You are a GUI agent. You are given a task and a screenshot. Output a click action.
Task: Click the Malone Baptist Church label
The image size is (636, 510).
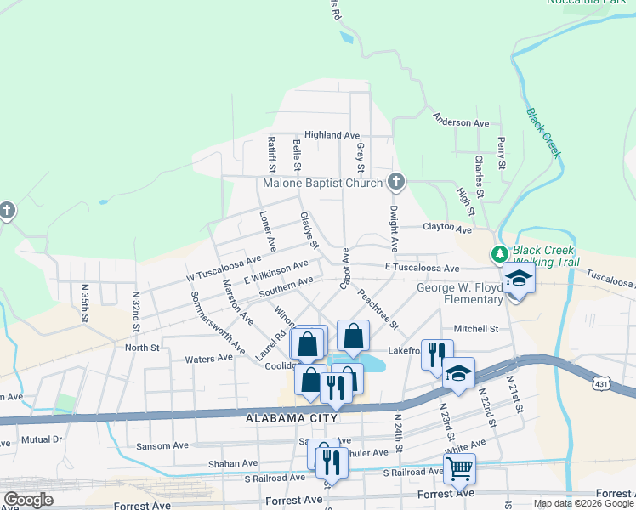click(x=323, y=183)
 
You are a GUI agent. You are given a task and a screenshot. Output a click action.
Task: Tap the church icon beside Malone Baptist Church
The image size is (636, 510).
click(x=395, y=181)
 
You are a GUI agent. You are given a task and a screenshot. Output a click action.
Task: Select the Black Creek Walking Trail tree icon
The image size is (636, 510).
click(x=499, y=254)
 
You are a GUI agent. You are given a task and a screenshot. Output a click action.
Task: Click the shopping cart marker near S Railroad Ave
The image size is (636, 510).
click(x=459, y=467)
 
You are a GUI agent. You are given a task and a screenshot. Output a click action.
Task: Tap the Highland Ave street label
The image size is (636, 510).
click(x=332, y=135)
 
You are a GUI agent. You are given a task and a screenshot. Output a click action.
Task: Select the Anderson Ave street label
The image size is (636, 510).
click(x=461, y=122)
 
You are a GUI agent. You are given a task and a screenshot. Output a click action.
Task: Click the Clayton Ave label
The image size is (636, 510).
click(x=447, y=229)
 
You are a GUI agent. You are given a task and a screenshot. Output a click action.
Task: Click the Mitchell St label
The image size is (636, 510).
click(x=475, y=329)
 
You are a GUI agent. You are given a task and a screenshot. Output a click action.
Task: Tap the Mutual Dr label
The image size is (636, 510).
click(x=43, y=439)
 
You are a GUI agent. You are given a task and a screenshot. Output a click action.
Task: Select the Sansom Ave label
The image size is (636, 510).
click(x=163, y=445)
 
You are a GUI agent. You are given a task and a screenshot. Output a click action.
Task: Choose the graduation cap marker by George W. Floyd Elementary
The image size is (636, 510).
click(x=518, y=279)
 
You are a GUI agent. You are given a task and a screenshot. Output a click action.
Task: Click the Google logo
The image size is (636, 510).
click(x=28, y=500)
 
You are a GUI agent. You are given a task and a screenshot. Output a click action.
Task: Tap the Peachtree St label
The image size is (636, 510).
click(x=378, y=310)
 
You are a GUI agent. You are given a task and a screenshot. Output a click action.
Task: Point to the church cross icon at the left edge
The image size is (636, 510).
click(x=7, y=210)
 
